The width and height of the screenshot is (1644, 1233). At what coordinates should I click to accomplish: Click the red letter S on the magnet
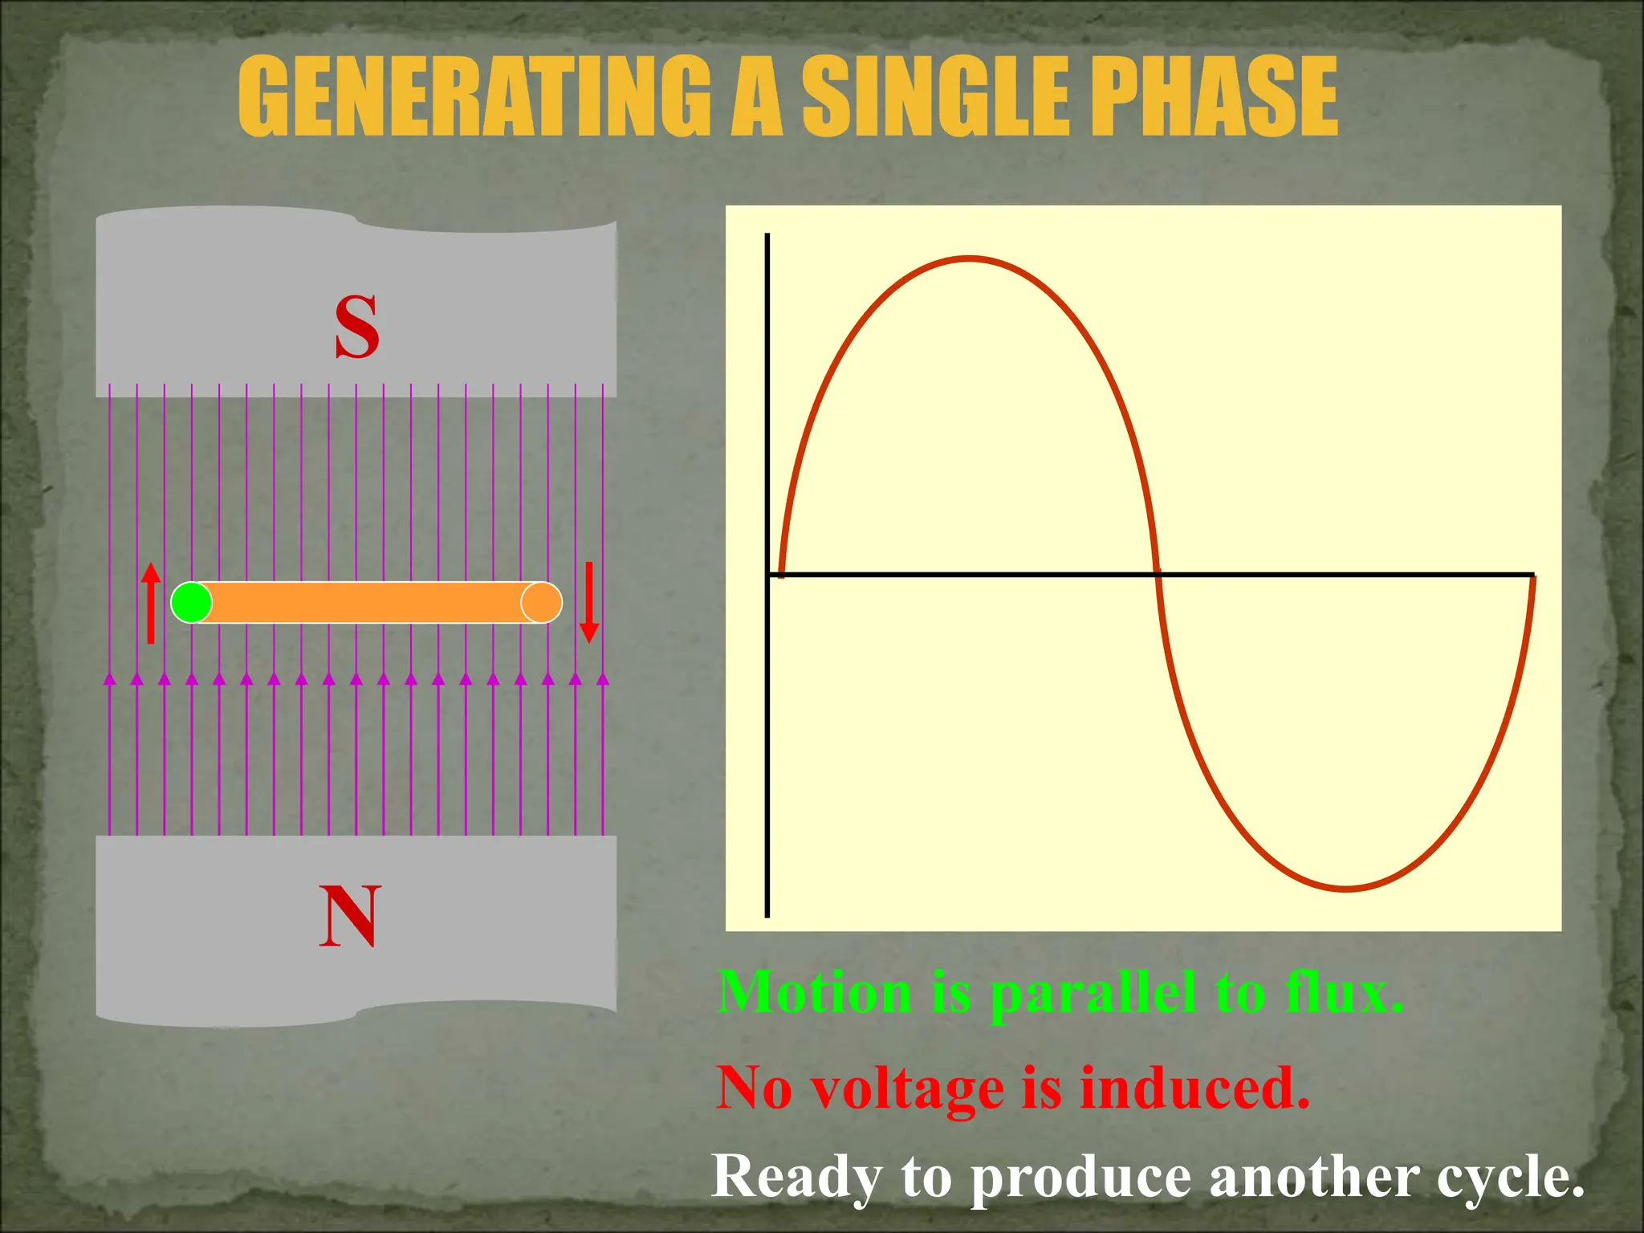tap(356, 327)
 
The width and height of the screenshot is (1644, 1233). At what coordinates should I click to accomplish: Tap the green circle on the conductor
tap(192, 602)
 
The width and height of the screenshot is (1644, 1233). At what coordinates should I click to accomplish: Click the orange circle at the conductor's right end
tap(542, 602)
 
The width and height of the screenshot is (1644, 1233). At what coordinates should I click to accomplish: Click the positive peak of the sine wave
tap(970, 259)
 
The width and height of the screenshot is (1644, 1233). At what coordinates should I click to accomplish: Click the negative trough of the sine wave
tap(1347, 889)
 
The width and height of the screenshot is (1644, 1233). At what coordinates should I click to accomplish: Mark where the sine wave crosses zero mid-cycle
tap(1158, 574)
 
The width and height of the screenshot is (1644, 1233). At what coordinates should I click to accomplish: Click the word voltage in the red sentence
tap(907, 1090)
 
